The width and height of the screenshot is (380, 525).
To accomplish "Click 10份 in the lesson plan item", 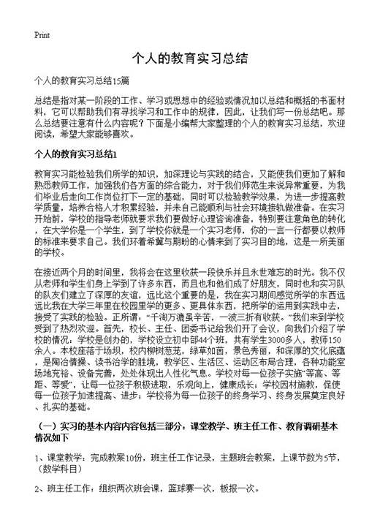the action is tap(135, 458).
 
